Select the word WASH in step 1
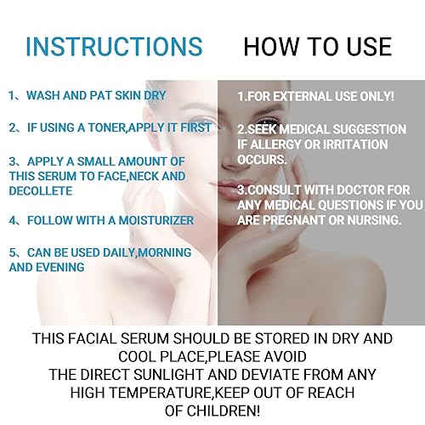tap(46, 96)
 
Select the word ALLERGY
tap(270, 144)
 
